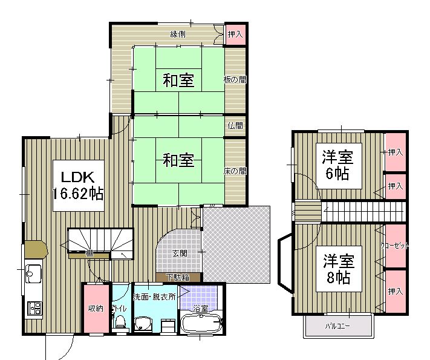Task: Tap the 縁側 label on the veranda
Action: point(177,33)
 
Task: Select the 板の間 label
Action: point(236,79)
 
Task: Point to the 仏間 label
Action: point(236,126)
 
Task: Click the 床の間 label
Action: point(236,171)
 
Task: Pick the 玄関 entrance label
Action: point(180,253)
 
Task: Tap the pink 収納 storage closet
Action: point(96,309)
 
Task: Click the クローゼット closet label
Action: point(395,246)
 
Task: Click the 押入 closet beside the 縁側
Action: point(235,34)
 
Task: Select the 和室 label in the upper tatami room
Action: point(178,79)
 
